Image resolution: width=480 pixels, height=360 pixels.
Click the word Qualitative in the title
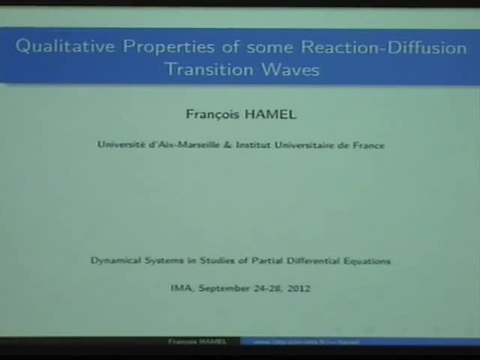click(x=65, y=46)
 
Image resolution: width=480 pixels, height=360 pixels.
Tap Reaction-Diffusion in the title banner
click(x=384, y=46)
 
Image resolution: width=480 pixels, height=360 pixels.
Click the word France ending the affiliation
click(x=368, y=145)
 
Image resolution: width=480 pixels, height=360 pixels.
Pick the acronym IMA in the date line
click(x=181, y=288)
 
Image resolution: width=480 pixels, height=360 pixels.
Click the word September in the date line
click(x=222, y=288)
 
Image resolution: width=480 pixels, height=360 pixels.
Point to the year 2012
click(x=298, y=288)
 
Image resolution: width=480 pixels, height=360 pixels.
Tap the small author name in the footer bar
click(x=196, y=342)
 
